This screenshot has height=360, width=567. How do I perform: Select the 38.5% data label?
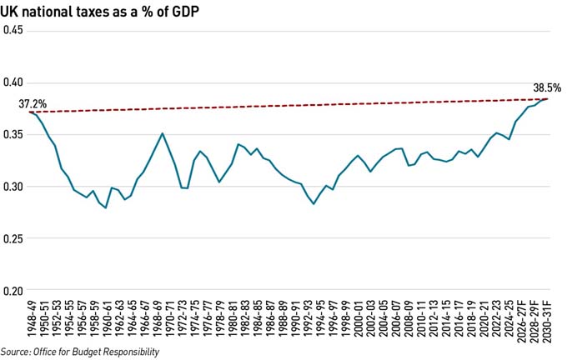[547, 87]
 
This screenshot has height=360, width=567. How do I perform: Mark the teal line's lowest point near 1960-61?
[105, 207]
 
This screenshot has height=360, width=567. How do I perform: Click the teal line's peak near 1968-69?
[162, 133]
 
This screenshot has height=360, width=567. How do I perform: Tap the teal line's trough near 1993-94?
[314, 203]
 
